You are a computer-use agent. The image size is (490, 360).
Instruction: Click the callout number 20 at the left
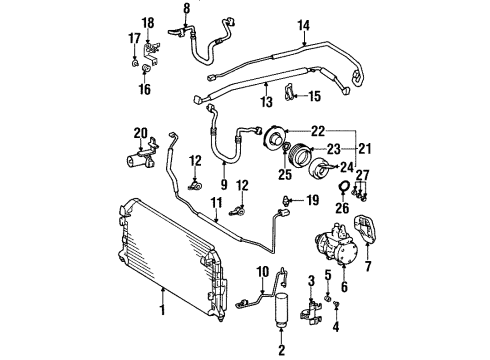[x=141, y=133]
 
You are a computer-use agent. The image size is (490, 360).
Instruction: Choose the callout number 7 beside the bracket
[x=368, y=267]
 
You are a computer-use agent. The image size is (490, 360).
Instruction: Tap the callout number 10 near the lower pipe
[x=264, y=271]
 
